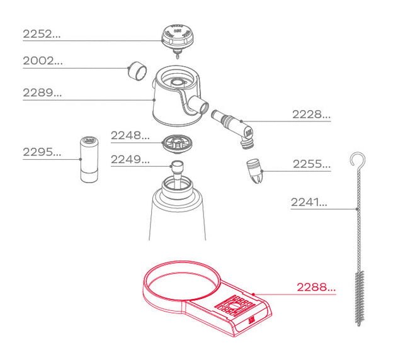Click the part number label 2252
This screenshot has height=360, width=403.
click(x=42, y=34)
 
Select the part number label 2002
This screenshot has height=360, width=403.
click(x=43, y=61)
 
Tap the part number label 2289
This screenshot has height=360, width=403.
click(x=42, y=93)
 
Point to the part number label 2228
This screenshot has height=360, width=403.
click(x=311, y=115)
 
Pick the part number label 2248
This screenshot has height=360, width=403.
click(x=130, y=135)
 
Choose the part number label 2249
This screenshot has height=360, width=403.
click(x=130, y=160)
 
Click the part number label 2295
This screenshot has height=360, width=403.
click(x=42, y=152)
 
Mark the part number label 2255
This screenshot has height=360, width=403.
click(x=312, y=164)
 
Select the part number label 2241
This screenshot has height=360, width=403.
click(x=309, y=202)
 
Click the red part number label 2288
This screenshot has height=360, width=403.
click(x=316, y=287)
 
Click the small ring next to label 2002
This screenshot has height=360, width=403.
click(x=137, y=71)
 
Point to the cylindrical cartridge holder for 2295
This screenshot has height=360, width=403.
click(x=89, y=159)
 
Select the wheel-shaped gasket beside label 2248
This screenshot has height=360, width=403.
click(x=177, y=144)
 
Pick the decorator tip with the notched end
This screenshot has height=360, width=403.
click(x=255, y=171)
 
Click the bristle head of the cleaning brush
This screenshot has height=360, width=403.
click(x=360, y=298)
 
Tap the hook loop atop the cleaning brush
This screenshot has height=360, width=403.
click(x=358, y=160)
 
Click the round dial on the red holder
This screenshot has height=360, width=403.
click(x=234, y=306)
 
